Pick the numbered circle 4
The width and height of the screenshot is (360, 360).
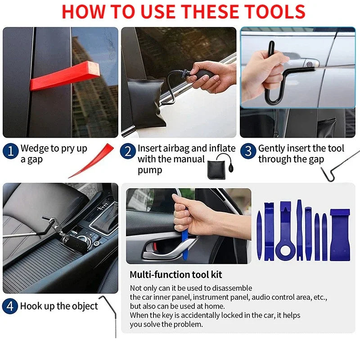tap(10, 306)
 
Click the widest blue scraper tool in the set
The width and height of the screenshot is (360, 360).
tap(340, 234)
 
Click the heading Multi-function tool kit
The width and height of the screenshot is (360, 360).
tap(175, 274)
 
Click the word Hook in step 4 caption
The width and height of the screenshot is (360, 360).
tap(31, 306)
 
